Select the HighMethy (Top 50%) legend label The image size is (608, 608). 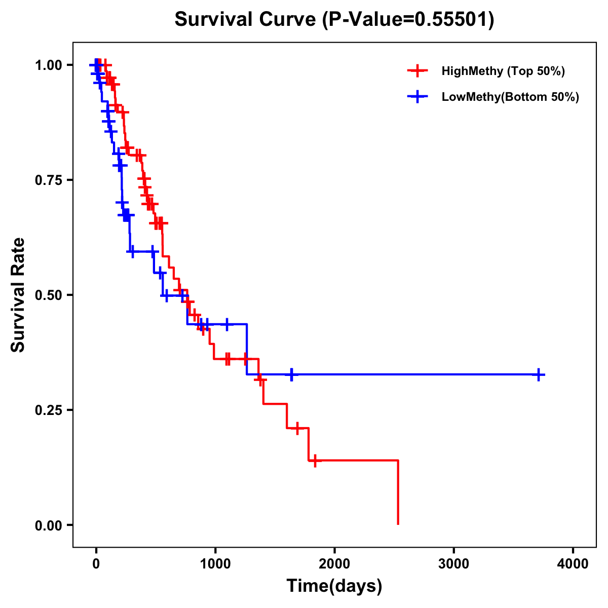503,71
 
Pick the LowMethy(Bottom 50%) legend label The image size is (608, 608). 510,97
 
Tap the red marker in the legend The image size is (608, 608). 417,71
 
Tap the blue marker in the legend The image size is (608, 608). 417,97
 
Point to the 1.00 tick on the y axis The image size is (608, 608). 48,65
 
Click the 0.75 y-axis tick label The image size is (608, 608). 48,180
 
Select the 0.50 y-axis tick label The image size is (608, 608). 48,295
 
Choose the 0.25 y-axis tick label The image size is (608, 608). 48,410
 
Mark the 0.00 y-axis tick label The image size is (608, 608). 48,525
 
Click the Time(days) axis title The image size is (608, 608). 334,586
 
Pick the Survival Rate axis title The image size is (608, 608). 18,295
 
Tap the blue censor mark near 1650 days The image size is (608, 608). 291,375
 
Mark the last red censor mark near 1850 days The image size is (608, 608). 315,461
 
